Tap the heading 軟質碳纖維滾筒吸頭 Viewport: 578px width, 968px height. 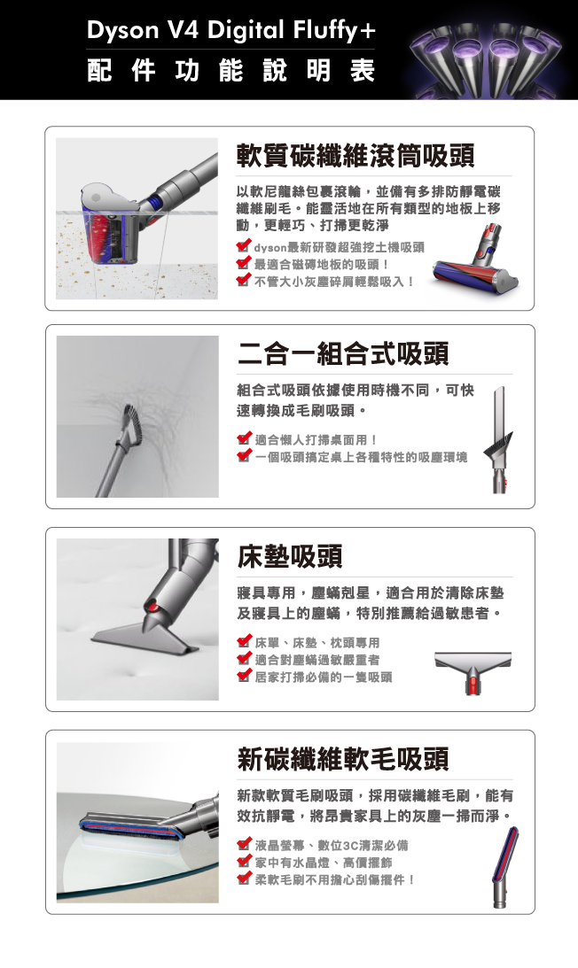click(x=355, y=155)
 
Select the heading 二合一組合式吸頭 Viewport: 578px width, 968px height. click(x=343, y=353)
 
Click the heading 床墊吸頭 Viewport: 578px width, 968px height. click(x=290, y=555)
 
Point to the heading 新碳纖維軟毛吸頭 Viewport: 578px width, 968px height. click(x=343, y=758)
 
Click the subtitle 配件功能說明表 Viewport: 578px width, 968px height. click(x=231, y=70)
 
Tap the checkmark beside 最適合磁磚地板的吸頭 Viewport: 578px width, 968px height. click(x=244, y=264)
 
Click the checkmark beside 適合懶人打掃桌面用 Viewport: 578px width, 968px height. click(x=244, y=439)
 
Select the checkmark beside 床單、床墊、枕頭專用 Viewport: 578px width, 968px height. click(x=244, y=642)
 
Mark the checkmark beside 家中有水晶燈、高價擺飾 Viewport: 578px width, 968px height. click(x=244, y=862)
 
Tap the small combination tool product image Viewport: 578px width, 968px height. click(x=501, y=439)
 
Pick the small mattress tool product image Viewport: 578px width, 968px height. click(x=473, y=671)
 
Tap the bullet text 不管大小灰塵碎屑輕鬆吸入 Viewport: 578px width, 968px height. click(x=334, y=282)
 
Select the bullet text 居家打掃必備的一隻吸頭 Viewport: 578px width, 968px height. click(x=324, y=678)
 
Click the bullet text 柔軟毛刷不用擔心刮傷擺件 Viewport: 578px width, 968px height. click(x=334, y=879)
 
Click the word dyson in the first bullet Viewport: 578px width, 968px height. click(x=270, y=247)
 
